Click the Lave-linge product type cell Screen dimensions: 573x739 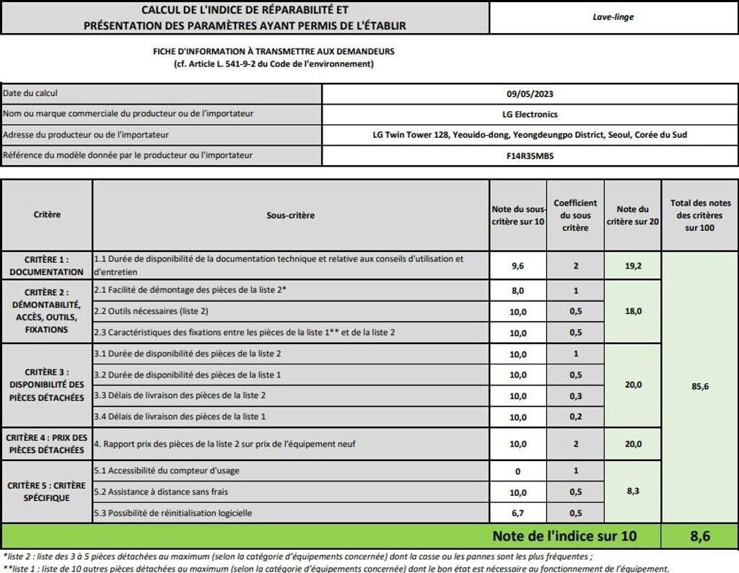click(x=613, y=17)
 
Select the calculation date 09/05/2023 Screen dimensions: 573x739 click(x=530, y=94)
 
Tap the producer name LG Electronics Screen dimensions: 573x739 click(x=530, y=114)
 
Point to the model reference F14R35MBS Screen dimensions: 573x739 click(x=530, y=155)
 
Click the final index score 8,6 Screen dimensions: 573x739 click(x=699, y=536)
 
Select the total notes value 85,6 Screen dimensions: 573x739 click(x=699, y=386)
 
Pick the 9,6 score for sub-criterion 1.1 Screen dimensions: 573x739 click(x=517, y=266)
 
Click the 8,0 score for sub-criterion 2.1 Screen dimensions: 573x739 click(x=517, y=290)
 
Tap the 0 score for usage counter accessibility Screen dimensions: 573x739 click(x=517, y=471)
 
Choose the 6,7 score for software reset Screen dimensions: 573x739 click(x=517, y=513)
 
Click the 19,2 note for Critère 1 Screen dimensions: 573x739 click(x=633, y=266)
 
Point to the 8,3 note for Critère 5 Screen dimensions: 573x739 click(x=633, y=492)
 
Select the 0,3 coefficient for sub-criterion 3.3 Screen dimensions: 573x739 click(x=575, y=395)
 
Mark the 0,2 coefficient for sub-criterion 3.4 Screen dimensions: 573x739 click(x=575, y=416)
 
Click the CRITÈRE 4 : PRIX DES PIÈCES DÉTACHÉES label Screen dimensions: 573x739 click(x=47, y=444)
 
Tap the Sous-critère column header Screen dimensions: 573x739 click(x=290, y=215)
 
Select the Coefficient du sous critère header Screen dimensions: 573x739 click(x=575, y=215)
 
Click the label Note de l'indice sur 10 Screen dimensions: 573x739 click(x=565, y=536)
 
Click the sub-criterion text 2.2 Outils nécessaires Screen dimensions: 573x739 click(x=152, y=311)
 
